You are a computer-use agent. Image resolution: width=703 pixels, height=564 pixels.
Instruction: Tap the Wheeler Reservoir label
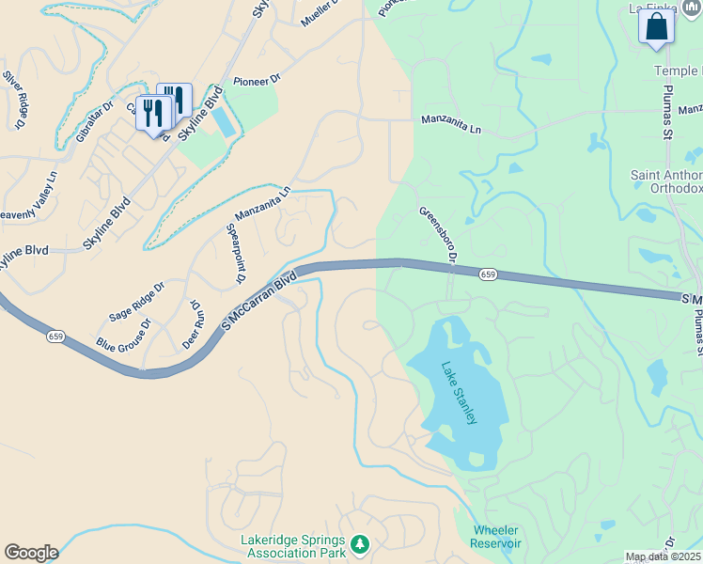click(x=496, y=537)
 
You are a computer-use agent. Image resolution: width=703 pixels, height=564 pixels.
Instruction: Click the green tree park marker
click(x=359, y=544)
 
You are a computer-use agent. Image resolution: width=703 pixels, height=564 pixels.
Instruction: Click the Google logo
click(x=31, y=553)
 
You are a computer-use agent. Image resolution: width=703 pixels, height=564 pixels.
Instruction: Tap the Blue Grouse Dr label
click(x=123, y=336)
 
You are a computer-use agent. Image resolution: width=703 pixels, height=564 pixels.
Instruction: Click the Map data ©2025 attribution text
click(x=662, y=557)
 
